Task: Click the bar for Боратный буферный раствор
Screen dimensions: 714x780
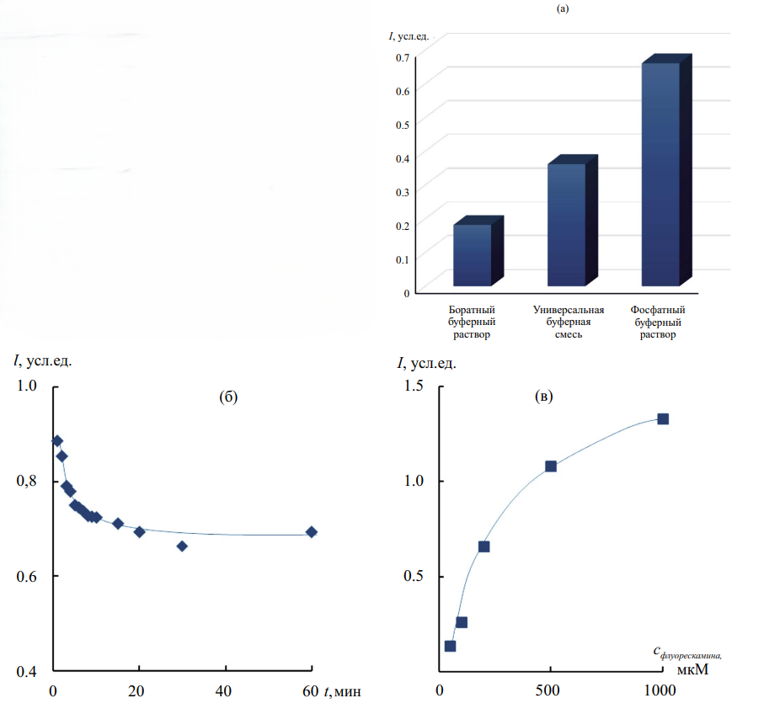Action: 472,255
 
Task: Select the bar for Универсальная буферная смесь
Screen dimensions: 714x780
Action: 566,224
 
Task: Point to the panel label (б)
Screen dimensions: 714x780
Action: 228,398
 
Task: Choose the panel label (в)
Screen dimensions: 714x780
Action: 545,397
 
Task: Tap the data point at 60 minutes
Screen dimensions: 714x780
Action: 312,532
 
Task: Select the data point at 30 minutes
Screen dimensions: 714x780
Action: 182,546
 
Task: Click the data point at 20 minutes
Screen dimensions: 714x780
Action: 140,532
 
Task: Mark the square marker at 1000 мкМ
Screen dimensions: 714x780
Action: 663,419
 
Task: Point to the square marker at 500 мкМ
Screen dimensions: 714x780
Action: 551,466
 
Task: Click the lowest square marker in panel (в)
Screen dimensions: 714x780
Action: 451,647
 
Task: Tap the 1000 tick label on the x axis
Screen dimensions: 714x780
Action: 660,691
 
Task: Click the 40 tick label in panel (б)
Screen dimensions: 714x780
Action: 225,691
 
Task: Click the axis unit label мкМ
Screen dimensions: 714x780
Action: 692,670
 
